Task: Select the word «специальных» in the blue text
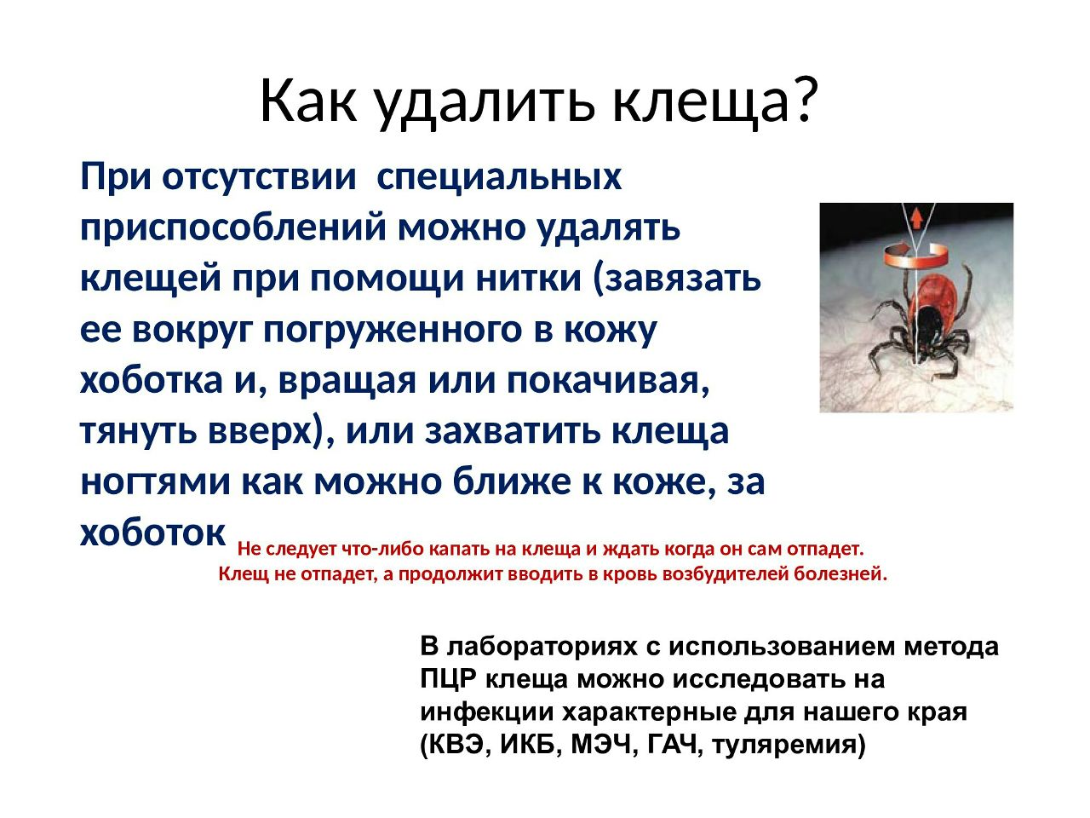(x=499, y=178)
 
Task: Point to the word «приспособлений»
(x=232, y=229)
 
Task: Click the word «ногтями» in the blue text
(x=156, y=483)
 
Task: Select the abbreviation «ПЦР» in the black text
(x=449, y=679)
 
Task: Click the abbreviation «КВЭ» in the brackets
(x=454, y=745)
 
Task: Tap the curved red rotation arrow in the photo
(x=915, y=256)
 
